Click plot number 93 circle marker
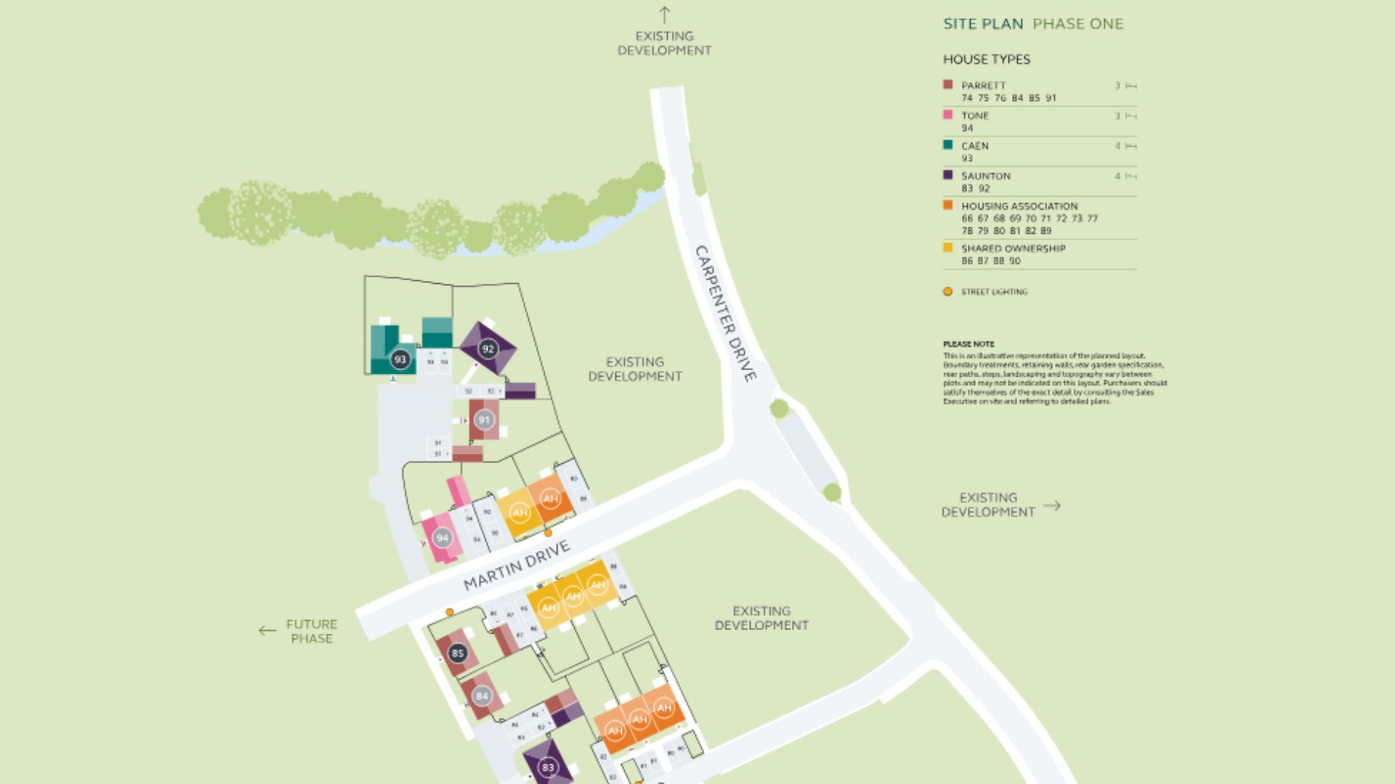pos(400,359)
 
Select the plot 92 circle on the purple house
pos(488,349)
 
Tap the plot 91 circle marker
pos(484,420)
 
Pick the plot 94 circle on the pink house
pos(442,538)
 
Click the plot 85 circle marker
pos(457,653)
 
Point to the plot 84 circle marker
pos(482,696)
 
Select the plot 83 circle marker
pos(548,767)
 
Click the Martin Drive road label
pos(517,566)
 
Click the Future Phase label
pos(312,632)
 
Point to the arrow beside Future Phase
pos(267,631)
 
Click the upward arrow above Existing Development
pos(664,15)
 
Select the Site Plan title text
pos(983,24)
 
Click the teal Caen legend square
pos(947,145)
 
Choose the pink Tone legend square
pos(947,115)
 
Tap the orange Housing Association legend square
pos(947,205)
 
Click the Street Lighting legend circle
pos(947,292)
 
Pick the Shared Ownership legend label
pos(1013,248)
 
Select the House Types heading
pos(986,60)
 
